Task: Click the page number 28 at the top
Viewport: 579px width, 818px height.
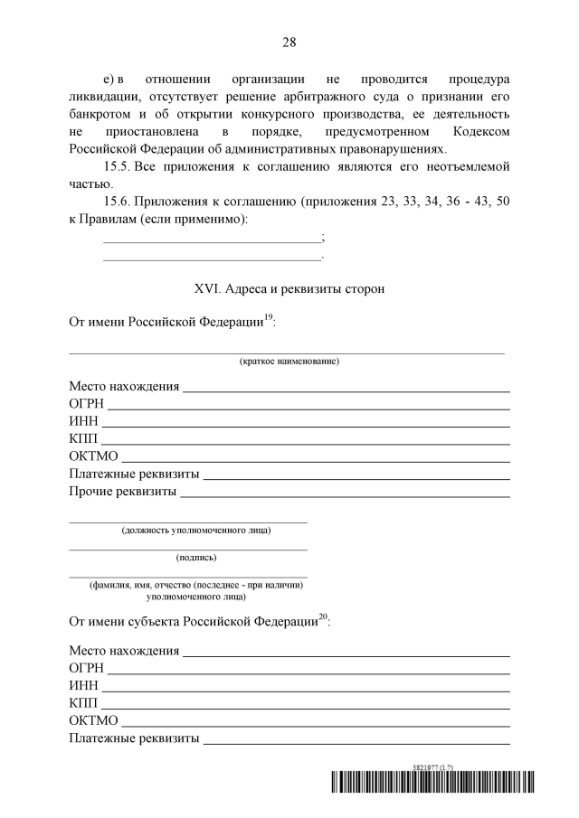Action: (x=289, y=42)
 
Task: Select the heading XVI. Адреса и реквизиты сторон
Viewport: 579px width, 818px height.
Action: (x=289, y=289)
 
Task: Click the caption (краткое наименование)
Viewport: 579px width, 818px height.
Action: (x=289, y=362)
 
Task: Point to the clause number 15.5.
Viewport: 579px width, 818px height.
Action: (x=119, y=167)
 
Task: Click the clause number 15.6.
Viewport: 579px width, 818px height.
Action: (x=119, y=202)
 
